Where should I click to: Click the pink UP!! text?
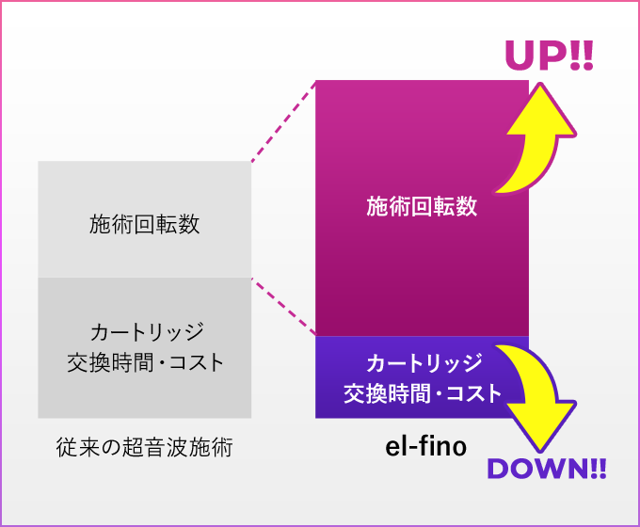click(x=550, y=56)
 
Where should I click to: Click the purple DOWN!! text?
click(x=546, y=469)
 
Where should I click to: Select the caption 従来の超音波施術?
click(x=144, y=448)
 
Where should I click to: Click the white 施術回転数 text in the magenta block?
click(x=422, y=207)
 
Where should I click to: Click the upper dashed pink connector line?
click(x=282, y=121)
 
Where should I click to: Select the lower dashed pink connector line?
click(x=282, y=306)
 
